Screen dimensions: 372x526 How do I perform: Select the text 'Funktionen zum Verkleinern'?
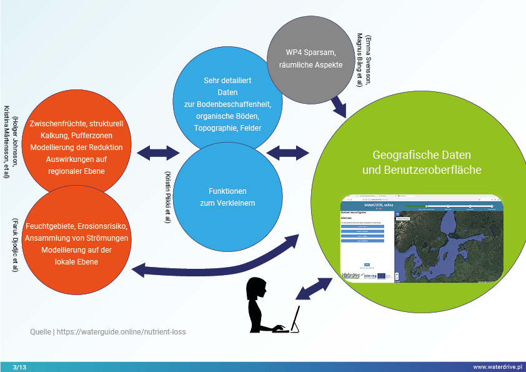coord(227,196)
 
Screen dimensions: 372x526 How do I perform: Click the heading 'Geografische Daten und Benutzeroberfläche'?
coord(421,162)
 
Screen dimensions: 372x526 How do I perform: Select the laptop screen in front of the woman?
coord(294,318)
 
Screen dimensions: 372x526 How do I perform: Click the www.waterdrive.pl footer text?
coord(498,366)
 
